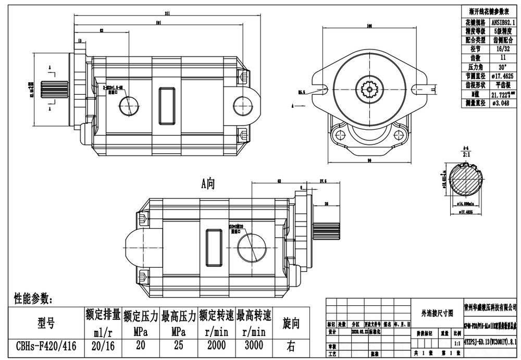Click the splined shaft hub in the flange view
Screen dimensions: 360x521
point(369,90)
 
